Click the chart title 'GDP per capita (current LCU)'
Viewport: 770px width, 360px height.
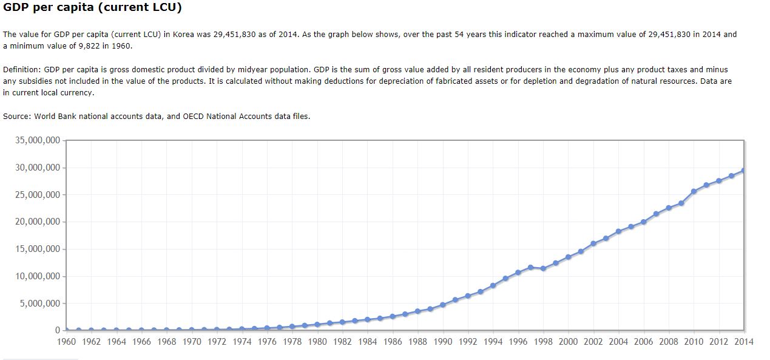[92, 8]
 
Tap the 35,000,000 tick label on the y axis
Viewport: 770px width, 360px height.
[38, 140]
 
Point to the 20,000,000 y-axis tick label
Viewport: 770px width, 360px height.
[38, 222]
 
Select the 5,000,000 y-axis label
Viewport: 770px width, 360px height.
[40, 304]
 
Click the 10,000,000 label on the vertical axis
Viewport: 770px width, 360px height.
[38, 276]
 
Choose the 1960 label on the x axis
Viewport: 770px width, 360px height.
[66, 342]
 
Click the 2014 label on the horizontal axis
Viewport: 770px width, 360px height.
[743, 342]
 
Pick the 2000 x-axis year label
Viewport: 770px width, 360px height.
[568, 342]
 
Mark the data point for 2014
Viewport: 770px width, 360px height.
[743, 171]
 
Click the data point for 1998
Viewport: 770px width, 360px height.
[543, 268]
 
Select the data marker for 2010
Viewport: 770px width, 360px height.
[694, 191]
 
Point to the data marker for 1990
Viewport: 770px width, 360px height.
[443, 305]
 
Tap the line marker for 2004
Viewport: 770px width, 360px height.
[618, 231]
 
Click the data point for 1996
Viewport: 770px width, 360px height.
[518, 273]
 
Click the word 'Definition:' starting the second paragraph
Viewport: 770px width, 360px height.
[22, 70]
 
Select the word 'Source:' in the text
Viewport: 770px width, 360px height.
[17, 116]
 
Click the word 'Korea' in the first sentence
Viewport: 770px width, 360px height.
[184, 35]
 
